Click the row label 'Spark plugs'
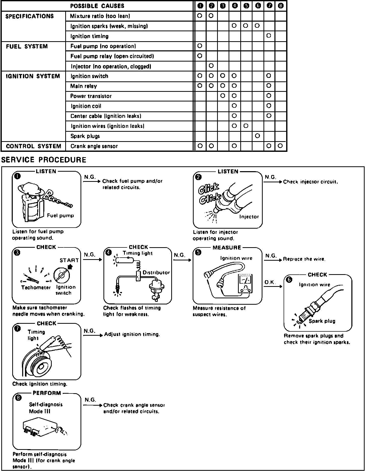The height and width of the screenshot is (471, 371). (85, 136)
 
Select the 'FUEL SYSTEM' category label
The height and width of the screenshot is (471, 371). (27, 47)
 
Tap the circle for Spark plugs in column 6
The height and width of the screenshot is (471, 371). (257, 136)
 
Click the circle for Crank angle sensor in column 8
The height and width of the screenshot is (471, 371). (280, 146)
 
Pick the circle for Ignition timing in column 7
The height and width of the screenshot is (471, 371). (269, 36)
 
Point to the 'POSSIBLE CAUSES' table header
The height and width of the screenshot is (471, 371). (97, 6)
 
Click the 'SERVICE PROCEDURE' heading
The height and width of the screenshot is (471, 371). (44, 160)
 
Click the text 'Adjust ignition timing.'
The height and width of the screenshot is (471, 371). (132, 334)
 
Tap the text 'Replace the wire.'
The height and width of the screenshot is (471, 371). (304, 259)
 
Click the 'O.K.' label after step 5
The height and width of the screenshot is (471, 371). (270, 282)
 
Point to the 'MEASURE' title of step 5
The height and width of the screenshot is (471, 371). (227, 247)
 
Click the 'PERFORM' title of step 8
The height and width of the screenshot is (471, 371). (47, 393)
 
